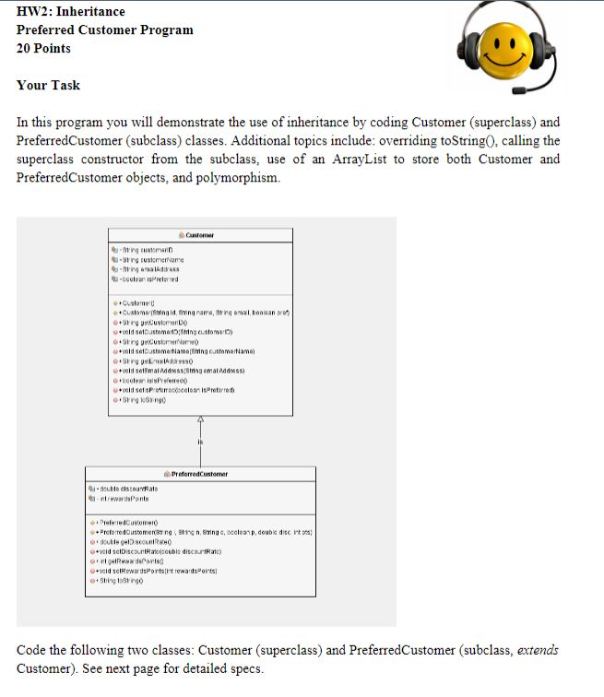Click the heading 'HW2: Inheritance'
coord(71,11)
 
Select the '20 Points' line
coord(43,48)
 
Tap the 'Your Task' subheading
coord(48,85)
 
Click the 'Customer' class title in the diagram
coord(199,236)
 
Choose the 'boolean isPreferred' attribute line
coord(150,278)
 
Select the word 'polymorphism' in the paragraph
coord(234,177)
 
